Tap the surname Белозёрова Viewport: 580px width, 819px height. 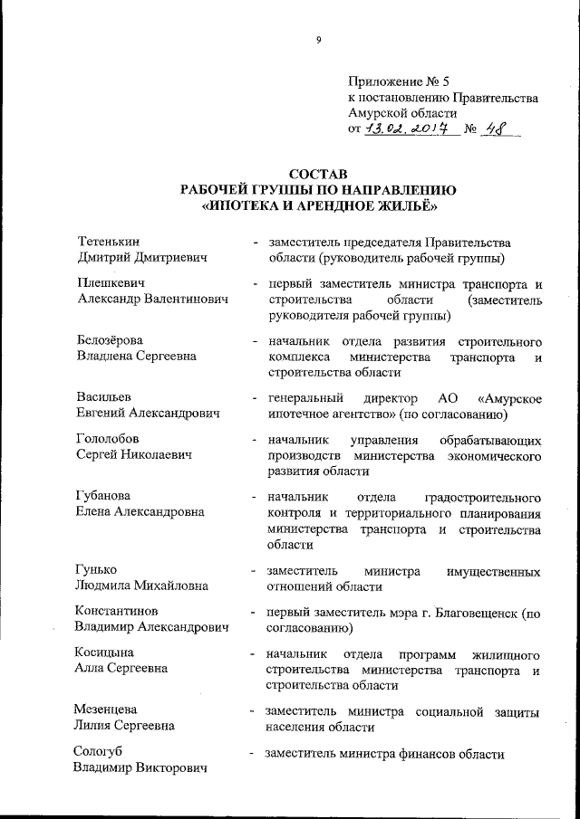tap(110, 341)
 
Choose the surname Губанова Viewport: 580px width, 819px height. tap(102, 497)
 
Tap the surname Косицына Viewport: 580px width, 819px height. tap(104, 653)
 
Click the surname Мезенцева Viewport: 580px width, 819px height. tap(106, 709)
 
